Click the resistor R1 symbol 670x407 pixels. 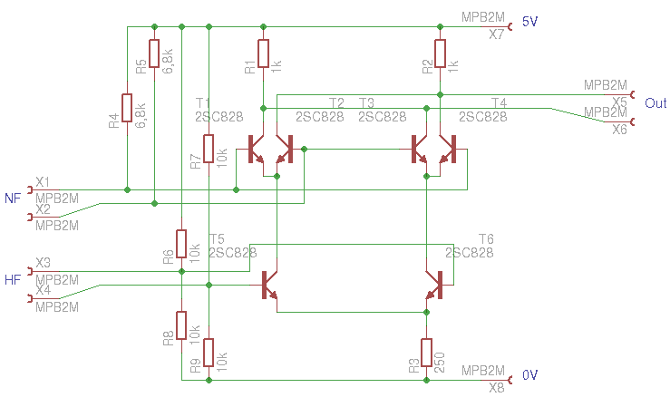point(263,53)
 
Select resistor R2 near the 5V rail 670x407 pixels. point(440,53)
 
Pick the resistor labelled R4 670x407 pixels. point(127,108)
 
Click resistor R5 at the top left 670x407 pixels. point(154,53)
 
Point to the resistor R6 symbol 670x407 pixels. point(181,244)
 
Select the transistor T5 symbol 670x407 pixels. point(269,285)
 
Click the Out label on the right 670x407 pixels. point(655,103)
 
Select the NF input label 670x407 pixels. point(13,199)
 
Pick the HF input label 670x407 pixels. point(13,280)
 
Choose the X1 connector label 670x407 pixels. point(44,182)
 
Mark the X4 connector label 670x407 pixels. point(44,290)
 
